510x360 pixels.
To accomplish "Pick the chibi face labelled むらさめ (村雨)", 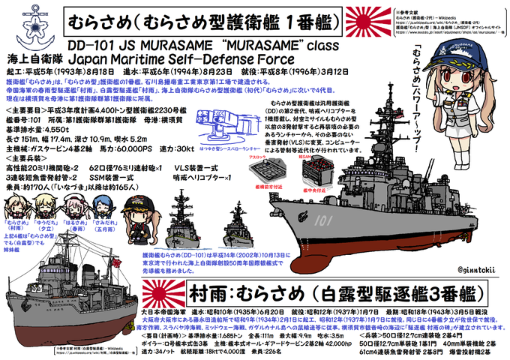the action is click(16, 208).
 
